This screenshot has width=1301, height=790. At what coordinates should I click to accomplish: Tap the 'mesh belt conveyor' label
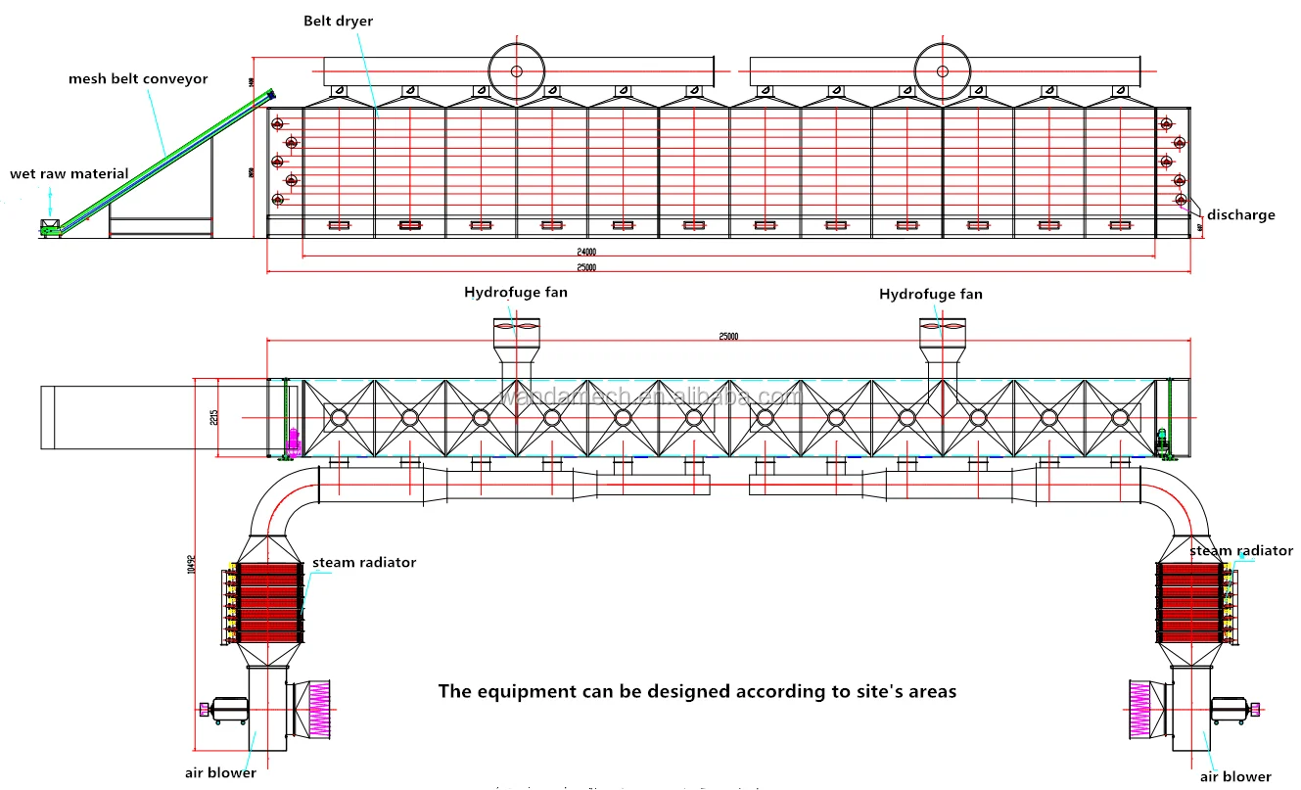pos(138,78)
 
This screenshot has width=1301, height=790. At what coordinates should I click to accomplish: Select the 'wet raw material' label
pos(70,173)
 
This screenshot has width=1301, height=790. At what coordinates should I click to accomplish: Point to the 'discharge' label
pos(1240,214)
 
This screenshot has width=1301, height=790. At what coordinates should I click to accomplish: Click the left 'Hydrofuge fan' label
pos(515,292)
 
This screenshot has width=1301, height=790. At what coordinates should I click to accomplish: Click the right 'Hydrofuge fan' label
pos(930,294)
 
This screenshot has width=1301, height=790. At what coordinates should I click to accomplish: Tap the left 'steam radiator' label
pos(364,562)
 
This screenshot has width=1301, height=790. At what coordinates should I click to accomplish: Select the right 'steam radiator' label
pos(1241,551)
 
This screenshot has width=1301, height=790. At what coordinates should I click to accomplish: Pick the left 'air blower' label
pos(220,772)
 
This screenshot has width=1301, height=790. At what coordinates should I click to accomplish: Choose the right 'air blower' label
pos(1235,776)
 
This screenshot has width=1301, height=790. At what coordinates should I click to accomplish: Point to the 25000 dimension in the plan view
pos(728,336)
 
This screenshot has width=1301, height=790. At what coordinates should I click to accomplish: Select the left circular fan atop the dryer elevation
pos(516,70)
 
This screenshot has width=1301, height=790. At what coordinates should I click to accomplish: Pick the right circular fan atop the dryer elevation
pos(942,70)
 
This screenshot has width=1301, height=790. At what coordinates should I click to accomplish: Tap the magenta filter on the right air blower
pos(1139,710)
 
